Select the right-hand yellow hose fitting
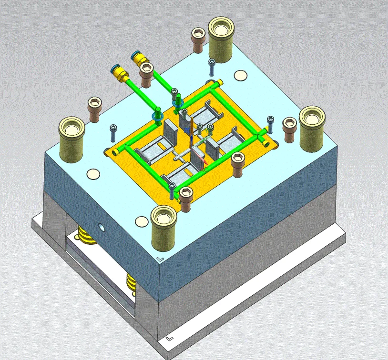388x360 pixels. (139, 59)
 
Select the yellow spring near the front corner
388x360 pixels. (131, 282)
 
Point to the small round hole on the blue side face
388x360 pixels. (101, 227)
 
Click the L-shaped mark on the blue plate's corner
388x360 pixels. (160, 259)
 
